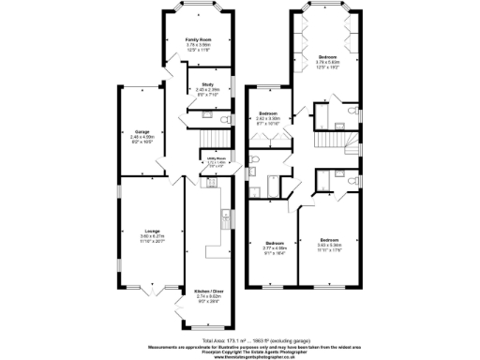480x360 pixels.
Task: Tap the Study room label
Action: coord(208,84)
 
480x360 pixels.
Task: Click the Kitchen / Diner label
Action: coord(205,292)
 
